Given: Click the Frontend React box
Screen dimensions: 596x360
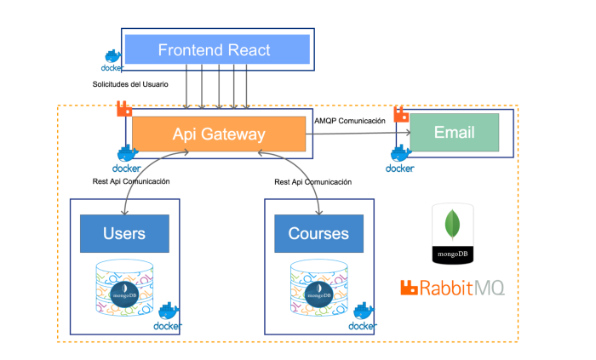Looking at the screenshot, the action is (217, 49).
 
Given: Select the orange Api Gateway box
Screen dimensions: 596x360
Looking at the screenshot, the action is (219, 134).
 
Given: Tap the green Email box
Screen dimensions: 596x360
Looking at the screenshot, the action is (454, 132).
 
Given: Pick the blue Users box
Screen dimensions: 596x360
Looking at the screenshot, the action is (124, 233).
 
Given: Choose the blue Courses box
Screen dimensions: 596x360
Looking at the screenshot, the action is (319, 233).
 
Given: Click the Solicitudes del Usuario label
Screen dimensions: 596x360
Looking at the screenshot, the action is (130, 84).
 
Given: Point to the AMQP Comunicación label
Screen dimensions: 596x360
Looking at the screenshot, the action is (350, 121).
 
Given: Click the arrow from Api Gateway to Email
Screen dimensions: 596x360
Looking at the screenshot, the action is (358, 133).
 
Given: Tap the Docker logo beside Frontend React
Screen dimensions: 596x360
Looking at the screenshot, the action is (112, 60).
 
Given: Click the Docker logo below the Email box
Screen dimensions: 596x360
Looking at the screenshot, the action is (400, 159).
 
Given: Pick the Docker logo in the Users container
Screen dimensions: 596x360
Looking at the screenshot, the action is (168, 317).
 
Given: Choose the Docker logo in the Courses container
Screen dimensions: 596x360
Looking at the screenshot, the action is (363, 317).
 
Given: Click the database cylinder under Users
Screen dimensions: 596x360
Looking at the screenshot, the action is (124, 288).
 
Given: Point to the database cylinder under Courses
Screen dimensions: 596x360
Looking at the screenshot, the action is (319, 288).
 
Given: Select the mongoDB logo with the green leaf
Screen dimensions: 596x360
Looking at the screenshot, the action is (452, 233).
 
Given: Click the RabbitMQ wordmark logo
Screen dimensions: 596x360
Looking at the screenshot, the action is (452, 288).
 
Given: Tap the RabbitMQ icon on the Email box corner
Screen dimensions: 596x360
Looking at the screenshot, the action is (401, 114).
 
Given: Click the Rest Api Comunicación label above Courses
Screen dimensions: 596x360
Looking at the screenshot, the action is (312, 182).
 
